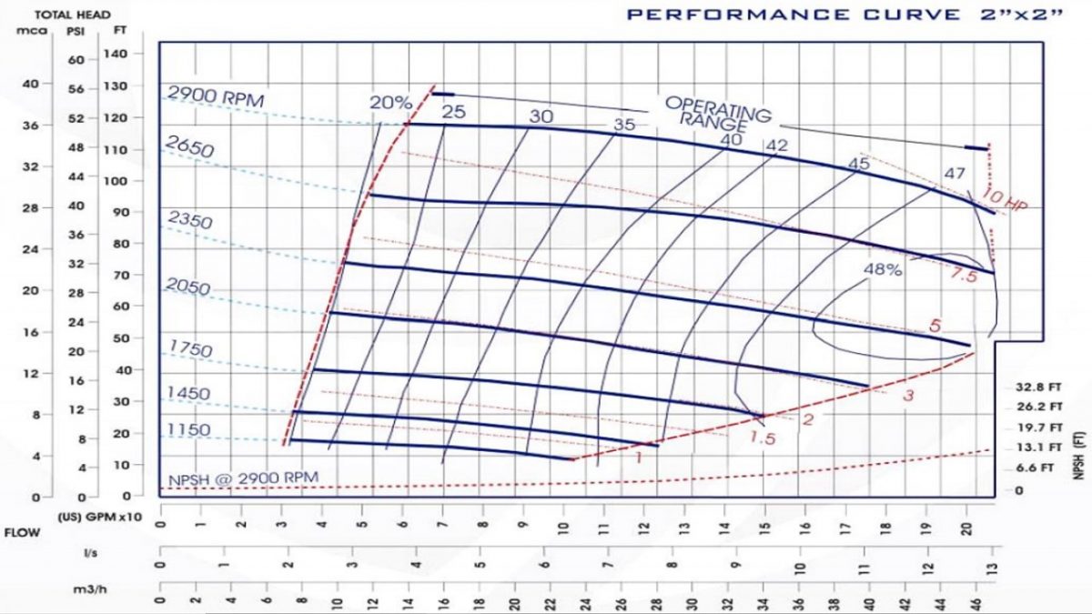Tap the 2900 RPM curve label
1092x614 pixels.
point(216,96)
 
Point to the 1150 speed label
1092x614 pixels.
point(187,429)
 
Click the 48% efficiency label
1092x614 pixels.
point(883,270)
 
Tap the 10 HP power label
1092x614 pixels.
point(1005,202)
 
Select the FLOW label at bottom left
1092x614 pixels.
point(22,532)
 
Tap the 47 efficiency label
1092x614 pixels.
point(954,173)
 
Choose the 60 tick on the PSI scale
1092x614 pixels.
point(76,60)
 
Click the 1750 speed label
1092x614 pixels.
point(189,349)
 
